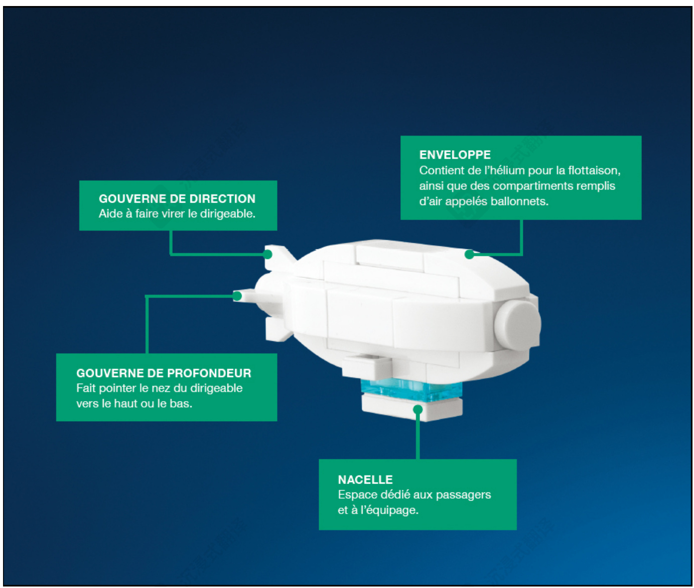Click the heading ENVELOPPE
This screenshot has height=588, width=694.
(x=455, y=155)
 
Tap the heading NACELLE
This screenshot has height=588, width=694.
(x=365, y=479)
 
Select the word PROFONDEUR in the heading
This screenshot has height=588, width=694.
(x=209, y=373)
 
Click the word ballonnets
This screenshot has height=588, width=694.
(x=519, y=201)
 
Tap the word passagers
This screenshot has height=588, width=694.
(x=463, y=495)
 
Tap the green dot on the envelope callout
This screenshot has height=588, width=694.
(x=469, y=254)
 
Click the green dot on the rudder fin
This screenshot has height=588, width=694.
(x=267, y=254)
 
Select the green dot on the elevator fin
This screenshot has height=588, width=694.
(x=237, y=296)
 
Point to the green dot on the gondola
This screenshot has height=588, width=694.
(x=418, y=409)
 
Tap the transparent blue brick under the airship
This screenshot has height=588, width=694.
(x=411, y=390)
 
